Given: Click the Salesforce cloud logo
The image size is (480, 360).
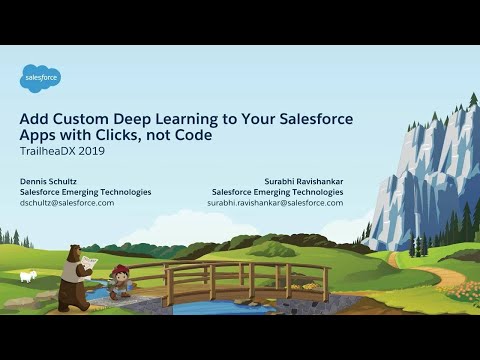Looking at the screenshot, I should point(41,77).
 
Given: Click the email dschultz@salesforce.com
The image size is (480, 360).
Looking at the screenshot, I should point(67,202).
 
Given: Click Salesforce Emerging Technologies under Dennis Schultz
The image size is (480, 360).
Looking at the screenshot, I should point(85,191).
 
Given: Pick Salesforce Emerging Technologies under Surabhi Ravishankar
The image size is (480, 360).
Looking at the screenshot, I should point(278,191).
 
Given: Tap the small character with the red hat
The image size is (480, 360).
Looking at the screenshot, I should point(120,281).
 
